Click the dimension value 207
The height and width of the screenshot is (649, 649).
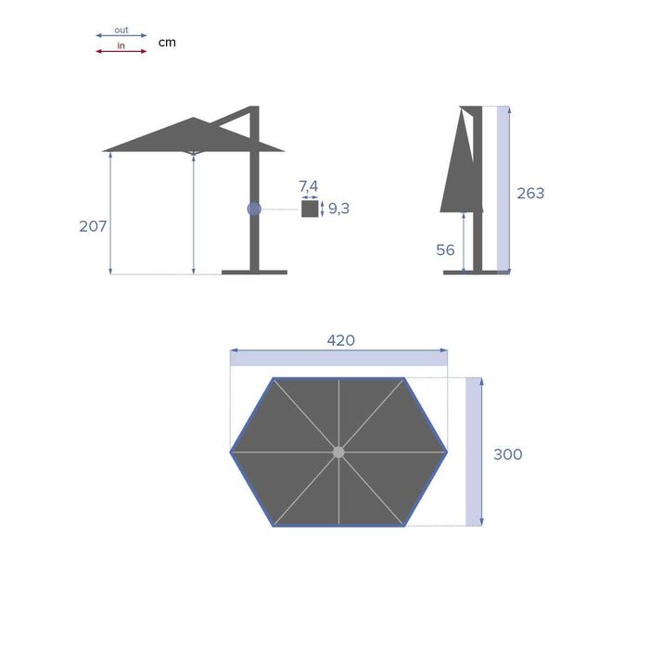pos(93,226)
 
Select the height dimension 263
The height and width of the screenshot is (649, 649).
pos(530,194)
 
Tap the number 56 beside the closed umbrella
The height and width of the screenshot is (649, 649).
pos(445,250)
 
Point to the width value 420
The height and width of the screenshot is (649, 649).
pos(340,340)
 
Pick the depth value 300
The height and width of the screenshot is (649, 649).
pos(507,454)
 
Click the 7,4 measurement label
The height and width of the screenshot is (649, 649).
pos(309,186)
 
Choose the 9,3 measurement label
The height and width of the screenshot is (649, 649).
pos(338,209)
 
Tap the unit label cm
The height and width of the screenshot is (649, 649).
pos(167,42)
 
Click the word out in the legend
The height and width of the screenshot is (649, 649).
pos(121,30)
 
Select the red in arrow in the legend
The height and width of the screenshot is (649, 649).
pos(121,51)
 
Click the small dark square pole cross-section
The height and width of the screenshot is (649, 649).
pos(309,209)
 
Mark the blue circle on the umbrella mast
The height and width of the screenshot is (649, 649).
pos(254,209)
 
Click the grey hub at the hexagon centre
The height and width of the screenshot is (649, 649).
pos(338,452)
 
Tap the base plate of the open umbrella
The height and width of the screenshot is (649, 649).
pos(254,273)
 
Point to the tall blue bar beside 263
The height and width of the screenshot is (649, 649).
pos(503,189)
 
